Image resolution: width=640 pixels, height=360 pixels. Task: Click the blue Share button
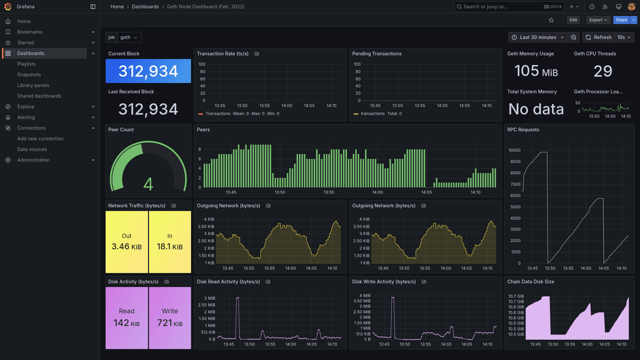click(x=621, y=20)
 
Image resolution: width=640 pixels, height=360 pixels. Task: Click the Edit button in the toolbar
click(x=573, y=20)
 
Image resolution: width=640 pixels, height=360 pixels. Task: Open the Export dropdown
click(x=598, y=20)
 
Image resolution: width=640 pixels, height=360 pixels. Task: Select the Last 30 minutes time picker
click(x=538, y=37)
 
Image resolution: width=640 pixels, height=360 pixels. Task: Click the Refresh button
click(x=599, y=37)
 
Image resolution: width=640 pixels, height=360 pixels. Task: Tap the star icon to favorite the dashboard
click(x=551, y=20)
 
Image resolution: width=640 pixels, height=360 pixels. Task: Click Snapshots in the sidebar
click(x=29, y=75)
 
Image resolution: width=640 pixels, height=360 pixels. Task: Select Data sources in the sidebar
click(x=32, y=149)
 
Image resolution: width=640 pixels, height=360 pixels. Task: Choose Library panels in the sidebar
click(x=33, y=85)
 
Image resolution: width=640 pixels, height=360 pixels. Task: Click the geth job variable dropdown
click(x=129, y=37)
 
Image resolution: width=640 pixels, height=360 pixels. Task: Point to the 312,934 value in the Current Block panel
click(x=148, y=71)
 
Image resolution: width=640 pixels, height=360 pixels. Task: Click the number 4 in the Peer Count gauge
click(x=148, y=184)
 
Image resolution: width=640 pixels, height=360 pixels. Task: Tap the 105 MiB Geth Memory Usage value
click(x=536, y=71)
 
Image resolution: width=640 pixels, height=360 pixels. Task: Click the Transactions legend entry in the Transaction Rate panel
click(x=218, y=114)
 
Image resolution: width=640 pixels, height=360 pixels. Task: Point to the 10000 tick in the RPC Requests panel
click(x=514, y=150)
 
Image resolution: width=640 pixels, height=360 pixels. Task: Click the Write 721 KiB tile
click(x=170, y=318)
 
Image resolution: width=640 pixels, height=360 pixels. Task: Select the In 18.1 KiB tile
click(x=170, y=242)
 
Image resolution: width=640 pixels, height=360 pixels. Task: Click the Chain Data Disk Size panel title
click(x=531, y=282)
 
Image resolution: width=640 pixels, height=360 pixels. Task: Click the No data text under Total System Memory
click(x=536, y=109)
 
